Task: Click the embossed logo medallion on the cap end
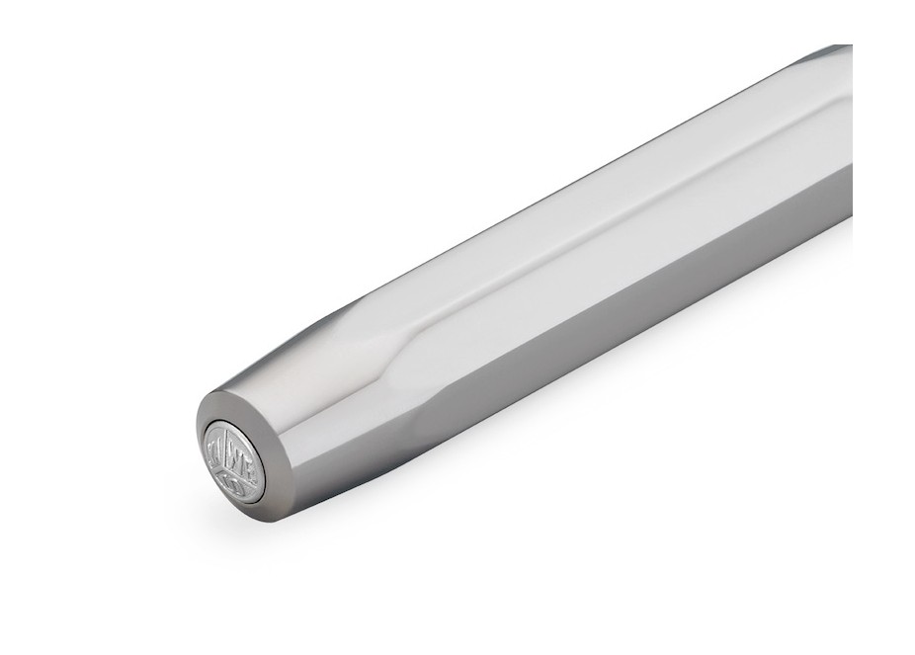tap(234, 460)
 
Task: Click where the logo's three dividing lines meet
tap(234, 462)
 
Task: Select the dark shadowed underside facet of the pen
tap(593, 326)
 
